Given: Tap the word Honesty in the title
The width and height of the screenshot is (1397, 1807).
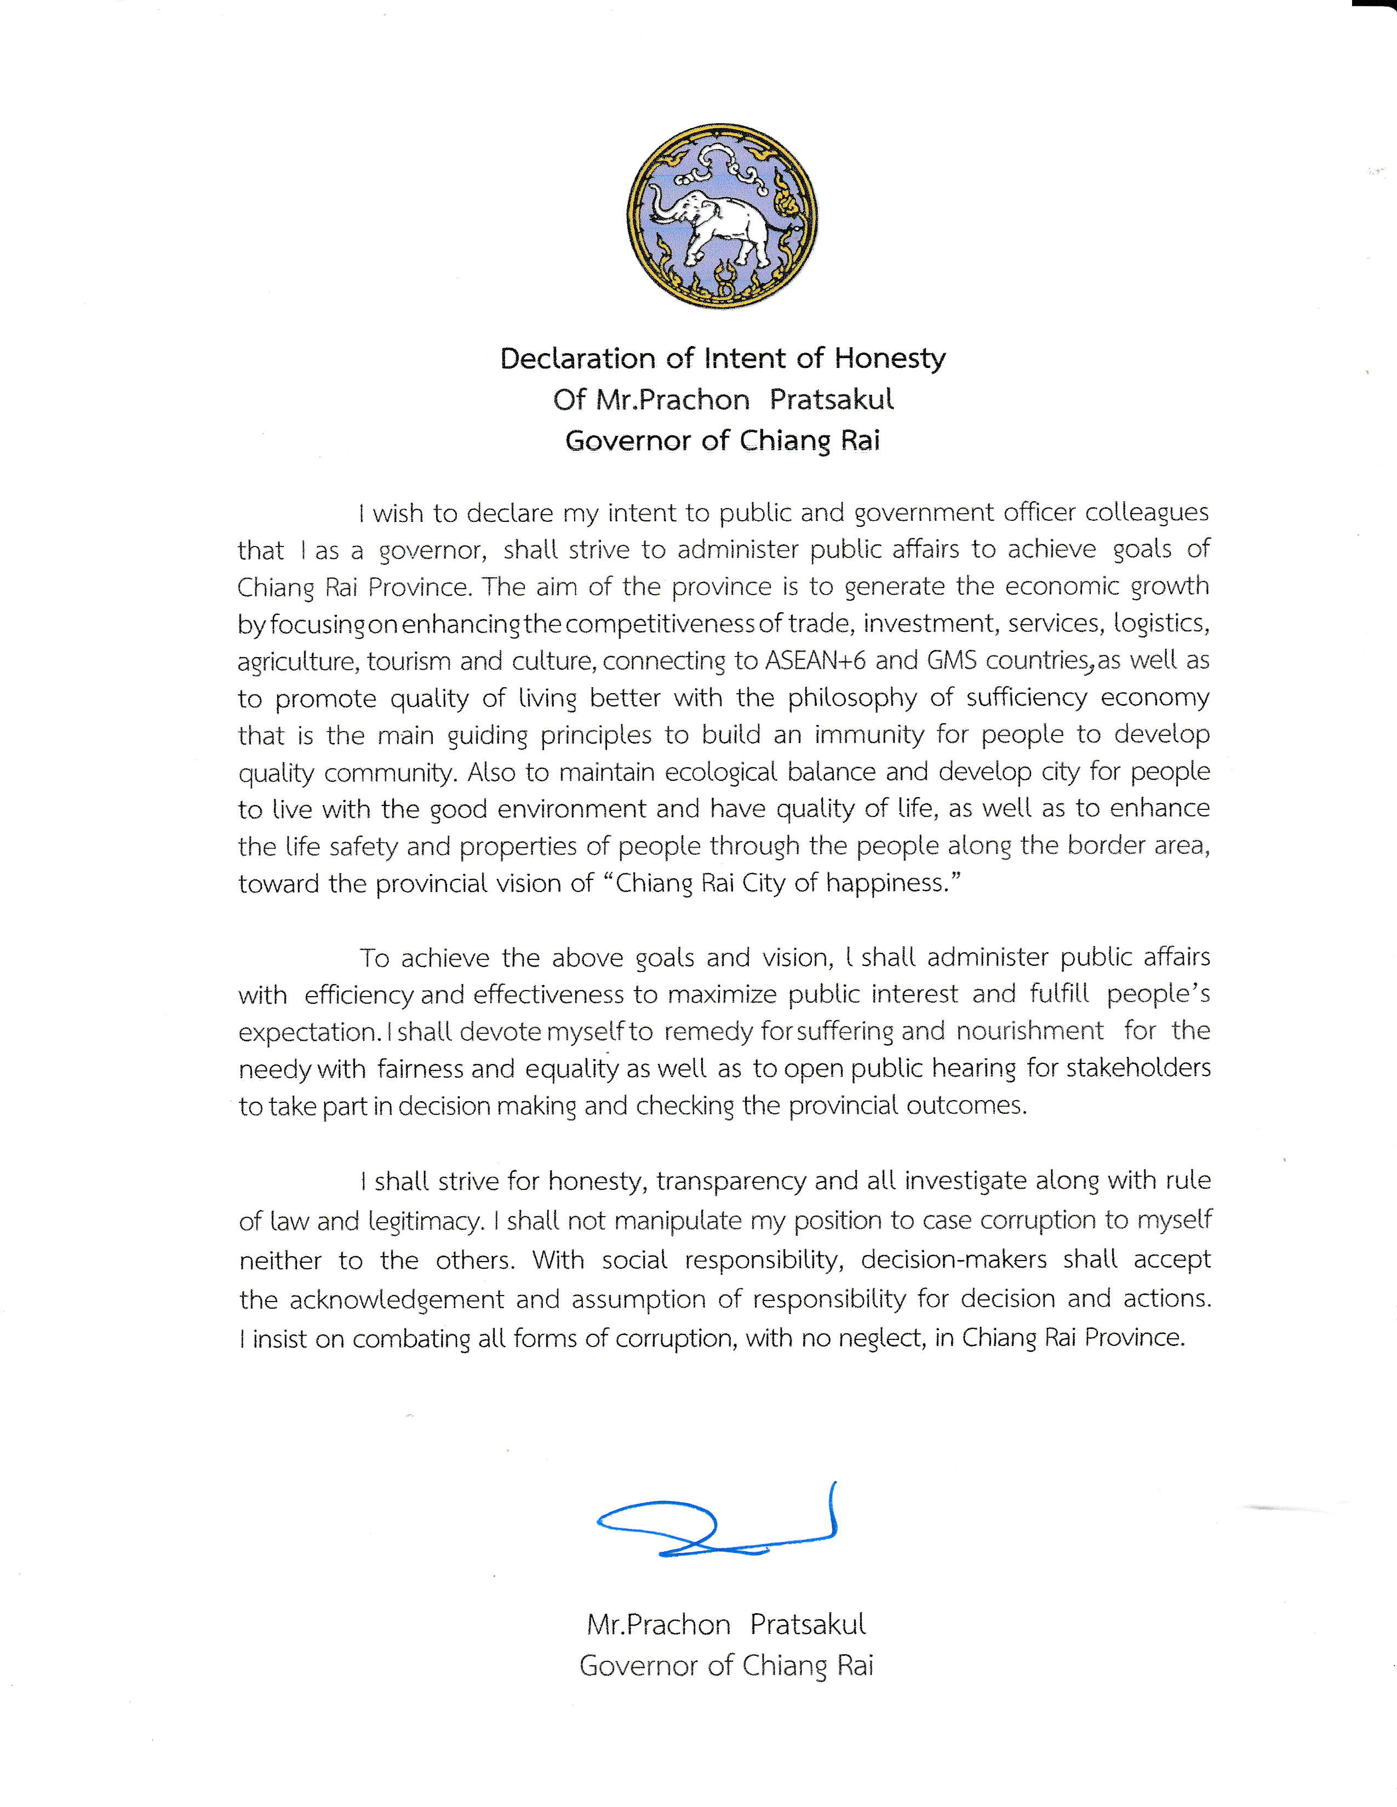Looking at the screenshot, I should pos(890,358).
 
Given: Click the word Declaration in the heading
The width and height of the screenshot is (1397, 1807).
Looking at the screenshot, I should pos(577,358).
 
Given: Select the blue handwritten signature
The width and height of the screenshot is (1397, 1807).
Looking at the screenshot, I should pos(717,1527).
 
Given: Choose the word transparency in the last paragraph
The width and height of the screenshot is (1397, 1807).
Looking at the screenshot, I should pos(731,1181).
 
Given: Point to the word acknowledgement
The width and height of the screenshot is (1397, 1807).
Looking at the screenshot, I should pos(397,1299).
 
